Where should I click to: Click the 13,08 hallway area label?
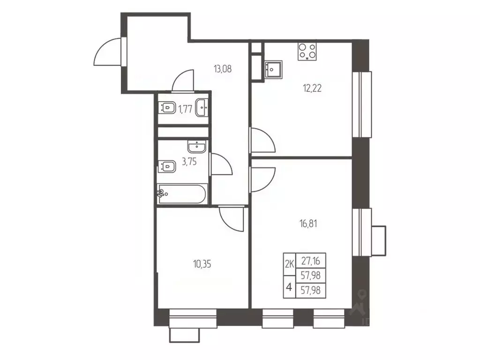(223, 69)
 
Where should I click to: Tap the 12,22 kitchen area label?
(312, 89)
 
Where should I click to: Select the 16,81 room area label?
(308, 224)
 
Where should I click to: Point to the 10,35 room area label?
(202, 264)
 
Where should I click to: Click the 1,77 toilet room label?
(185, 109)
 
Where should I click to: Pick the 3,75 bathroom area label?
(189, 161)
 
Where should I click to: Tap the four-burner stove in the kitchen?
(307, 51)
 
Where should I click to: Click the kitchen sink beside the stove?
(273, 70)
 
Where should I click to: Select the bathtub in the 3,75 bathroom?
(183, 194)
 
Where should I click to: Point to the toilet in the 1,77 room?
(167, 108)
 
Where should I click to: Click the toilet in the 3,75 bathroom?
(167, 167)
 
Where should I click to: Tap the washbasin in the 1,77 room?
(202, 108)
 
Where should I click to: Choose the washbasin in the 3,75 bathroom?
(197, 147)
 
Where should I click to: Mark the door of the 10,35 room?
(231, 219)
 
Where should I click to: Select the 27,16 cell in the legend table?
(311, 261)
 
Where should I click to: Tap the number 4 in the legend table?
(289, 287)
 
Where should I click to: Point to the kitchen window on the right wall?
(362, 105)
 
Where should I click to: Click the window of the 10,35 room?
(193, 318)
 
